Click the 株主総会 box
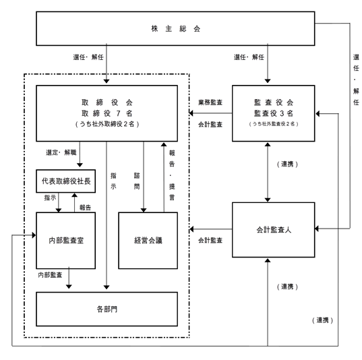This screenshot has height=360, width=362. (175, 28)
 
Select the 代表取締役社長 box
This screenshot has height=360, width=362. (66, 181)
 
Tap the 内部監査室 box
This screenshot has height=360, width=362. (66, 241)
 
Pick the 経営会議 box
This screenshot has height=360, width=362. (148, 241)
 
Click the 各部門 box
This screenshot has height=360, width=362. (107, 309)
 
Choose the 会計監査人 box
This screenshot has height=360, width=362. (274, 230)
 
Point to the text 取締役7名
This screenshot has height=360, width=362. (107, 113)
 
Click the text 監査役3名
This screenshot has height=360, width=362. (274, 113)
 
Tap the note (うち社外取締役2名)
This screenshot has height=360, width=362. (107, 124)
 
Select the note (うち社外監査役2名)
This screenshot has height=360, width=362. (274, 124)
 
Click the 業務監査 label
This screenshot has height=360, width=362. (210, 102)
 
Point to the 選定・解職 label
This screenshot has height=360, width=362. (61, 152)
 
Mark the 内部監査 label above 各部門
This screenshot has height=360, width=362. (50, 275)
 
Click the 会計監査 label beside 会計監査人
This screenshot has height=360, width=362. (210, 241)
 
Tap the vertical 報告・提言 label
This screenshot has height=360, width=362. (172, 175)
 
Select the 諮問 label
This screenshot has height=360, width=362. (137, 181)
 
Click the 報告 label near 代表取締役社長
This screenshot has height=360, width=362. (85, 208)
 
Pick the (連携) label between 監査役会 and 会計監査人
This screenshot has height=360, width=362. (287, 164)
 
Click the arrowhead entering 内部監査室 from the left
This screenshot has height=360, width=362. (34, 235)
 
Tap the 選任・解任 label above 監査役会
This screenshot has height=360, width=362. (249, 57)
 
